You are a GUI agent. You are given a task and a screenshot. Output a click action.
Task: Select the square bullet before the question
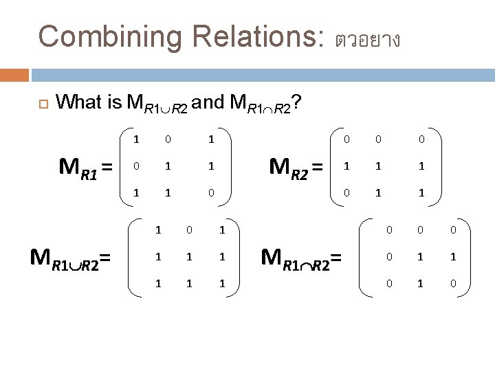41,104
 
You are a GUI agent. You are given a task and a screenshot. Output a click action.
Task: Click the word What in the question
80,103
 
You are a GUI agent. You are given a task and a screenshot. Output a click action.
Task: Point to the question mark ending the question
295,103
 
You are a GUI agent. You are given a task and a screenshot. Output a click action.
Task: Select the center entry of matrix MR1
168,166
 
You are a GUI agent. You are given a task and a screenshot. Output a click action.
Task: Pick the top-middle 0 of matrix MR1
168,139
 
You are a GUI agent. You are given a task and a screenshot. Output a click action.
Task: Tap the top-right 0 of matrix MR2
421,139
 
